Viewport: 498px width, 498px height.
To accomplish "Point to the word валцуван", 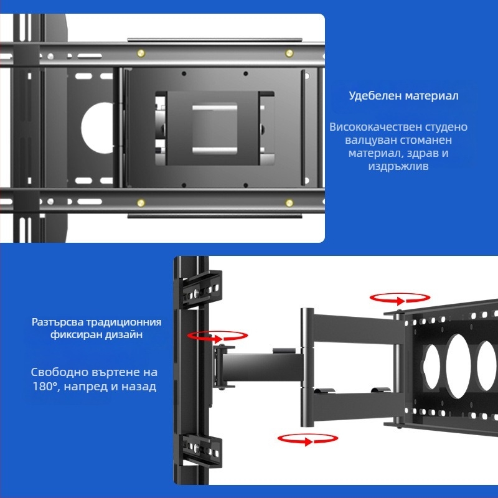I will (368, 141).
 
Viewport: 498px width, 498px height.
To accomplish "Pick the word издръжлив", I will (398, 167).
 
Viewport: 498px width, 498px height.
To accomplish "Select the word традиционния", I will (123, 322).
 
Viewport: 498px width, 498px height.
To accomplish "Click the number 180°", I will (47, 387).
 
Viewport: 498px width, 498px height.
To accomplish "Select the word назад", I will (138, 387).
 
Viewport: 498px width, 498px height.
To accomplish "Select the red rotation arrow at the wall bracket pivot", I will (217, 336).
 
